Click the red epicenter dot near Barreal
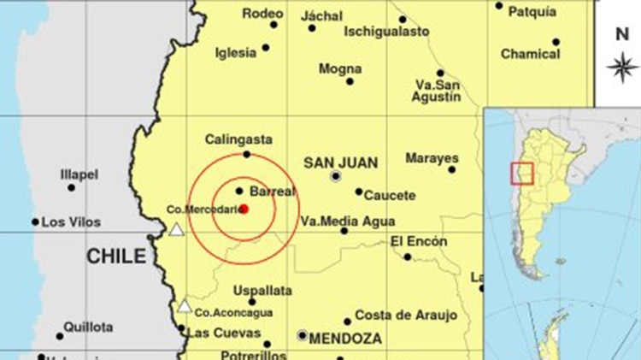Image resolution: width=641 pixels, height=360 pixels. pos(244,208)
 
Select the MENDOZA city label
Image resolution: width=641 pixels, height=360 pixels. pos(345,339)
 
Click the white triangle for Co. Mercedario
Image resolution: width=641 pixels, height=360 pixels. pos(176,229)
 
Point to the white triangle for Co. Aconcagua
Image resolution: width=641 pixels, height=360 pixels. pos(185,305)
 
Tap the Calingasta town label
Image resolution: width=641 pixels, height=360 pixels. pos(238,139)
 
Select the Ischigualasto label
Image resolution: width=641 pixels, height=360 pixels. pos(386,32)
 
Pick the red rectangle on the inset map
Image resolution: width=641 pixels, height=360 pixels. pos(521,173)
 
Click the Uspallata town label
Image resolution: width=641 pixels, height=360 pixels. pos(256,290)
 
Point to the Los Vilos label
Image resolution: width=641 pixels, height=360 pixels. pos(71,222)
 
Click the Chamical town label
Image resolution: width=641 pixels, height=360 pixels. pos(530,54)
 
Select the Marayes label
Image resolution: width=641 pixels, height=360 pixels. pos(432,158)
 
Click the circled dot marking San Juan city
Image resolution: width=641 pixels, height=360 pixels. pos(336,176)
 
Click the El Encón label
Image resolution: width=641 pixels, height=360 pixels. pos(419,242)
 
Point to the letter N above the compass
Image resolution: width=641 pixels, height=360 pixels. pos(622,34)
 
